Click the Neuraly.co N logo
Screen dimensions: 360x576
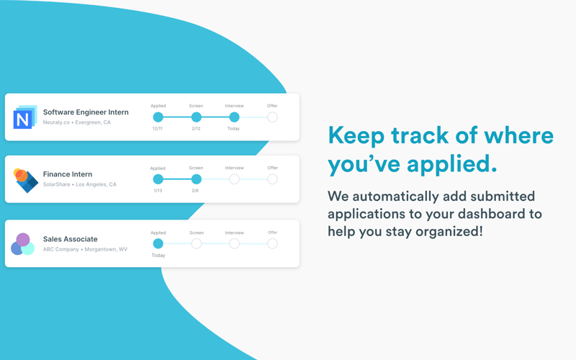tap(24, 117)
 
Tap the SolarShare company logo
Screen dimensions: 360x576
tap(25, 180)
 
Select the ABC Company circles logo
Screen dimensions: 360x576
tap(23, 244)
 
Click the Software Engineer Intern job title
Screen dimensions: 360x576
tap(86, 112)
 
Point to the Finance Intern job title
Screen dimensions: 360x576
tap(68, 174)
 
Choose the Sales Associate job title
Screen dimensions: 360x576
tap(70, 239)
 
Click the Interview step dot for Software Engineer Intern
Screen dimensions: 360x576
tap(234, 117)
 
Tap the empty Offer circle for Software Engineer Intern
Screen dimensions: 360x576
tap(272, 117)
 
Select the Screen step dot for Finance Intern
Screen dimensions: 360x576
tap(196, 179)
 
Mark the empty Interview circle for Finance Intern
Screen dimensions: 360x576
tap(234, 179)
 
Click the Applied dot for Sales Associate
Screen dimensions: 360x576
tap(158, 244)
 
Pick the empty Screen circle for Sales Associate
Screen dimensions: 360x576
tap(196, 244)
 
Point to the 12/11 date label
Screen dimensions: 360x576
tap(158, 129)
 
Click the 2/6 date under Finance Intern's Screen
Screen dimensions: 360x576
tap(195, 191)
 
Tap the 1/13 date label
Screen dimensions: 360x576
tap(158, 191)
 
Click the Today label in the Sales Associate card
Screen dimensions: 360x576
tap(158, 256)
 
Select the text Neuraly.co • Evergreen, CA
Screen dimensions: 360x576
tap(77, 123)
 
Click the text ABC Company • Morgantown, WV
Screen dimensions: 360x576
tap(85, 250)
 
